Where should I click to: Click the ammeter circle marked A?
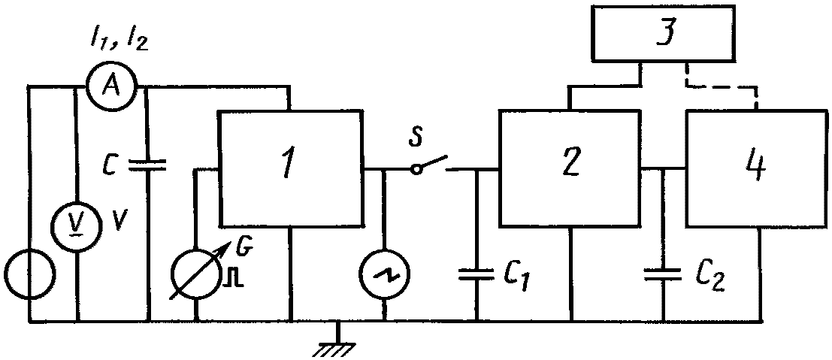pos(111,86)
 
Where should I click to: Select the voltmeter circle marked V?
pos(78,226)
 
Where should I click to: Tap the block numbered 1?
pos(291,168)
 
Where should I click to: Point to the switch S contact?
pos(431,164)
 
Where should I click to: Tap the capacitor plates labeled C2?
pos(663,274)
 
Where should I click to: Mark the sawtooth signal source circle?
pos(384,273)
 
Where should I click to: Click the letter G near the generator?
pos(248,247)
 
